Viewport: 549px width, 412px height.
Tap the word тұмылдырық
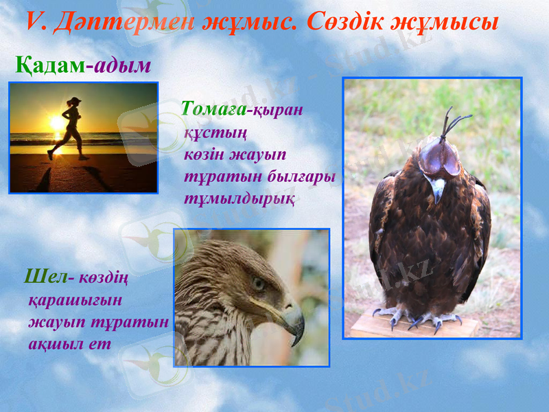point(240,198)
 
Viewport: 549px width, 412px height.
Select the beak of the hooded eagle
point(437,191)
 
